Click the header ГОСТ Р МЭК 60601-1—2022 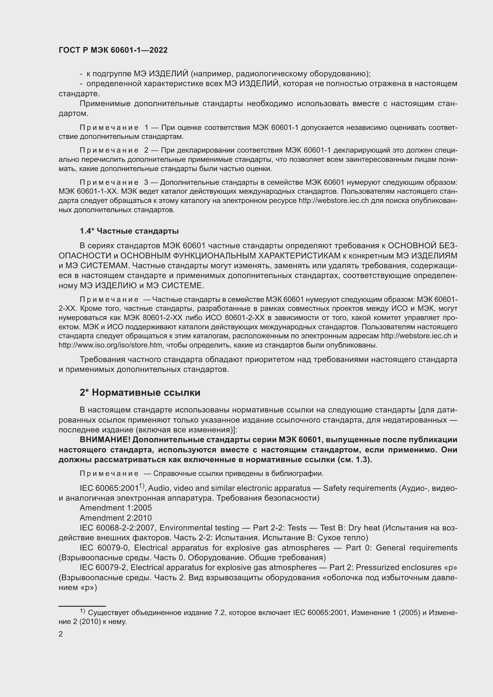[113, 50]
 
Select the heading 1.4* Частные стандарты [129, 231]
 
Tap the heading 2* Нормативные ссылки [140, 392]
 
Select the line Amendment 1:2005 [116, 507]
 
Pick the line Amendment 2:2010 [116, 518]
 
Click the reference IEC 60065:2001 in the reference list [109, 488]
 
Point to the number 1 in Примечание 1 [147, 128]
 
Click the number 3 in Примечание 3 [146, 182]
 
